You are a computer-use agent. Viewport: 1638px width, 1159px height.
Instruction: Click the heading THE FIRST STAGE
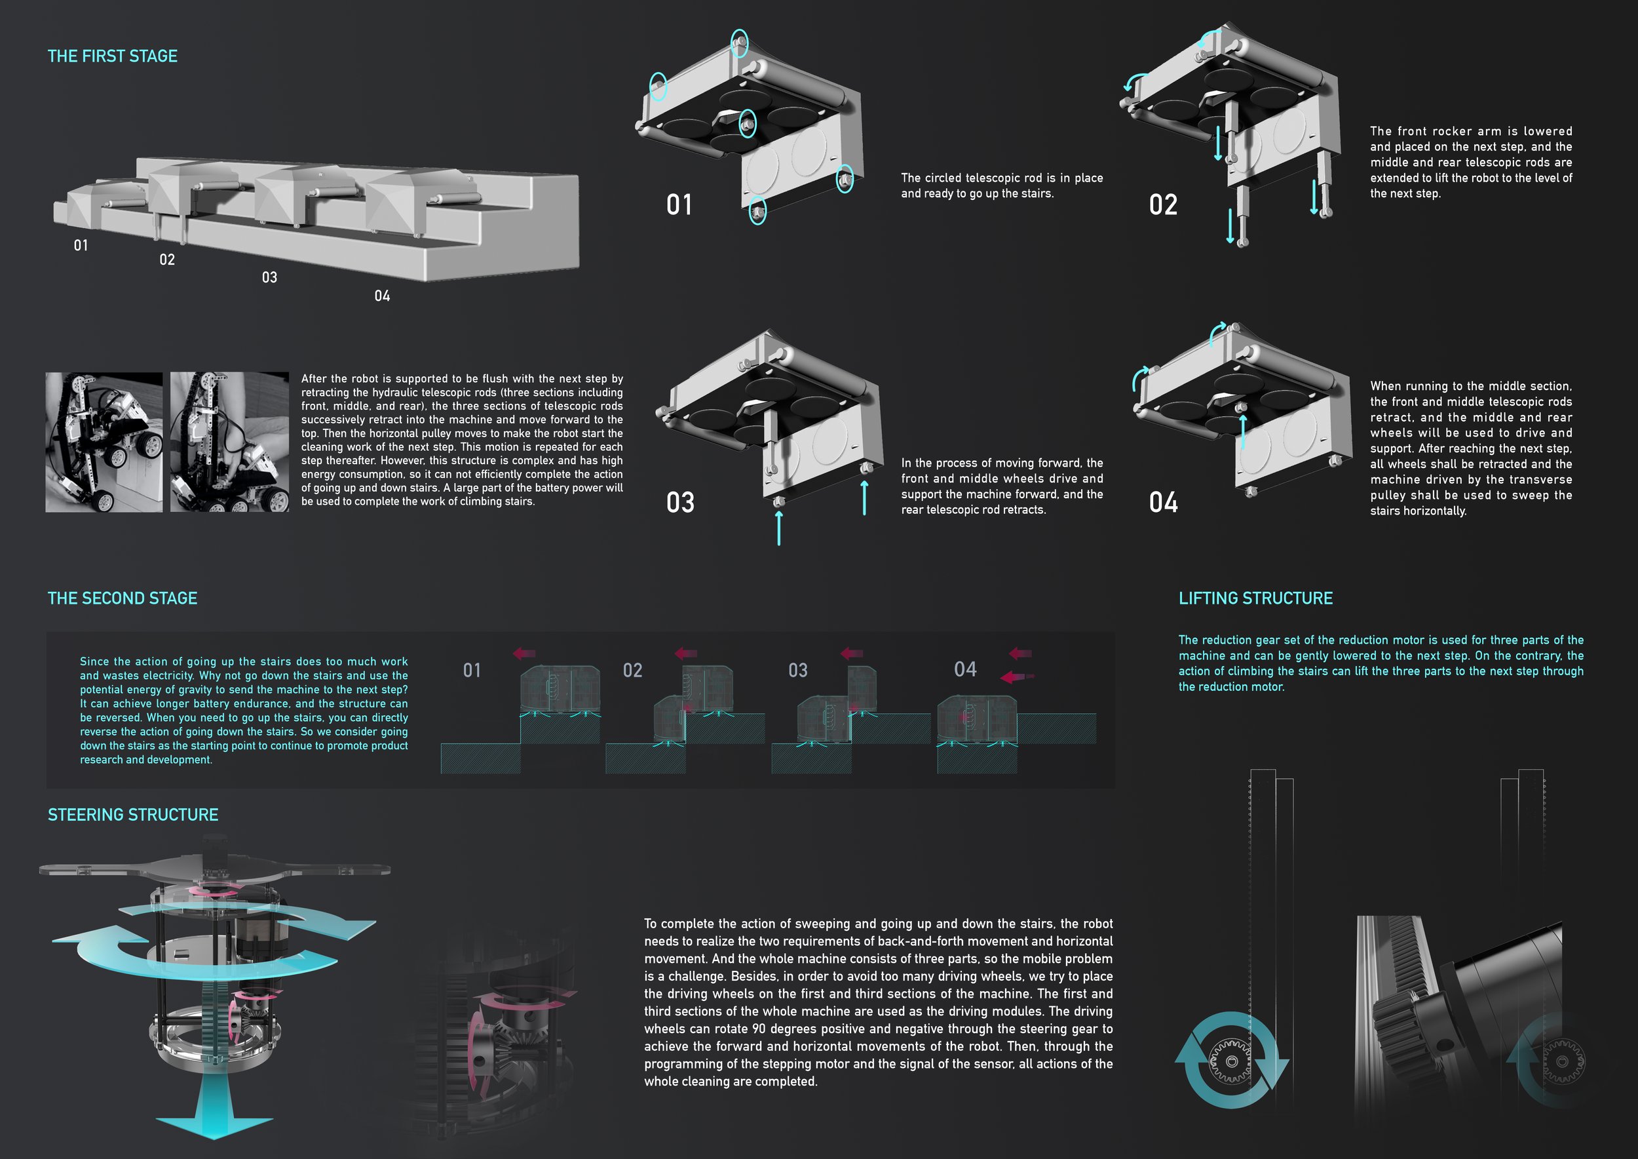click(112, 56)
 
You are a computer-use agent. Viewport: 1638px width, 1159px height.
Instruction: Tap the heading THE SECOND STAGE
click(122, 598)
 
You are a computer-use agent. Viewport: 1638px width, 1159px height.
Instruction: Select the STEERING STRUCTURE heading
click(133, 815)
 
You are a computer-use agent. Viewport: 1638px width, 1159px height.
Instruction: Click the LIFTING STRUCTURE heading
click(1255, 598)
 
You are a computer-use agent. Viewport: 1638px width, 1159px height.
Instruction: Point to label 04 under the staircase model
click(383, 296)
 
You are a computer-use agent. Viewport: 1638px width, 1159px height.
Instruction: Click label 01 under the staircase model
click(81, 246)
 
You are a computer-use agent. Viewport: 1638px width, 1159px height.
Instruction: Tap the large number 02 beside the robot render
click(1163, 205)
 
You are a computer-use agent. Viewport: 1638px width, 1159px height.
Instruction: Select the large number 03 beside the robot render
click(680, 502)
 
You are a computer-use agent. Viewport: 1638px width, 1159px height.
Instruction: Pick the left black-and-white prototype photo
click(104, 442)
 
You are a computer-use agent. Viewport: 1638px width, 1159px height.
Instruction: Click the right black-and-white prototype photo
click(229, 442)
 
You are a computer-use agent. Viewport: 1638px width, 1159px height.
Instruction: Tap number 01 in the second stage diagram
click(472, 670)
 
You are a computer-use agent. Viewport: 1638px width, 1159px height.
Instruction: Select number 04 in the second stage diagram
click(965, 669)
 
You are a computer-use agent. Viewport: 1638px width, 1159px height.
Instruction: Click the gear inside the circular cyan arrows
click(1232, 1061)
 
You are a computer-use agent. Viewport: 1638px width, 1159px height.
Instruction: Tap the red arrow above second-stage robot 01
click(524, 653)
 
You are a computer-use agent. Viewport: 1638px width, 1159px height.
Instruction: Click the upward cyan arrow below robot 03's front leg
click(778, 528)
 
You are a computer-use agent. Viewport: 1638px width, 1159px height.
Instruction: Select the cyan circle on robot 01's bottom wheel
click(757, 211)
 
